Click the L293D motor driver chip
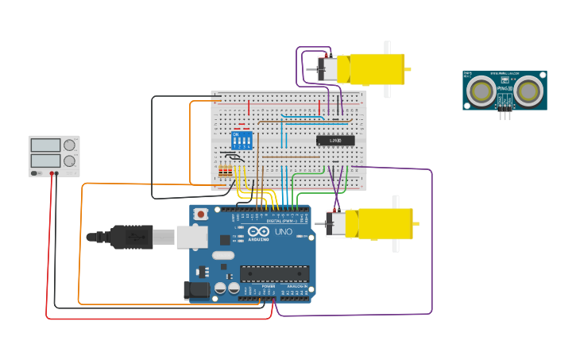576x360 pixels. [x=335, y=141]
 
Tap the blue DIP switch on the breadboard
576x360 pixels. [x=242, y=140]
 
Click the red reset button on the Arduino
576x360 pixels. [x=202, y=214]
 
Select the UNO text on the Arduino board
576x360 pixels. [x=284, y=232]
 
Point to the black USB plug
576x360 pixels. [x=131, y=237]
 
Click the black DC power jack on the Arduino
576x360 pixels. [x=196, y=291]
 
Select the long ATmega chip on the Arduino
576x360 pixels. [x=275, y=273]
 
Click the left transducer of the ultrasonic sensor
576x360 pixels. [x=481, y=91]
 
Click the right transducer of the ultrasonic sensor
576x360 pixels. [x=528, y=91]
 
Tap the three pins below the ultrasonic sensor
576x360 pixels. [x=505, y=115]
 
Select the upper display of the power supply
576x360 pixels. [x=45, y=145]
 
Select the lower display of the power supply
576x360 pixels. [x=45, y=161]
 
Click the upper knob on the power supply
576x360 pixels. [x=70, y=145]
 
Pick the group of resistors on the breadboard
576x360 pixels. [x=226, y=172]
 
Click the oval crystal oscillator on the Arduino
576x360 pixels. [x=223, y=256]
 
